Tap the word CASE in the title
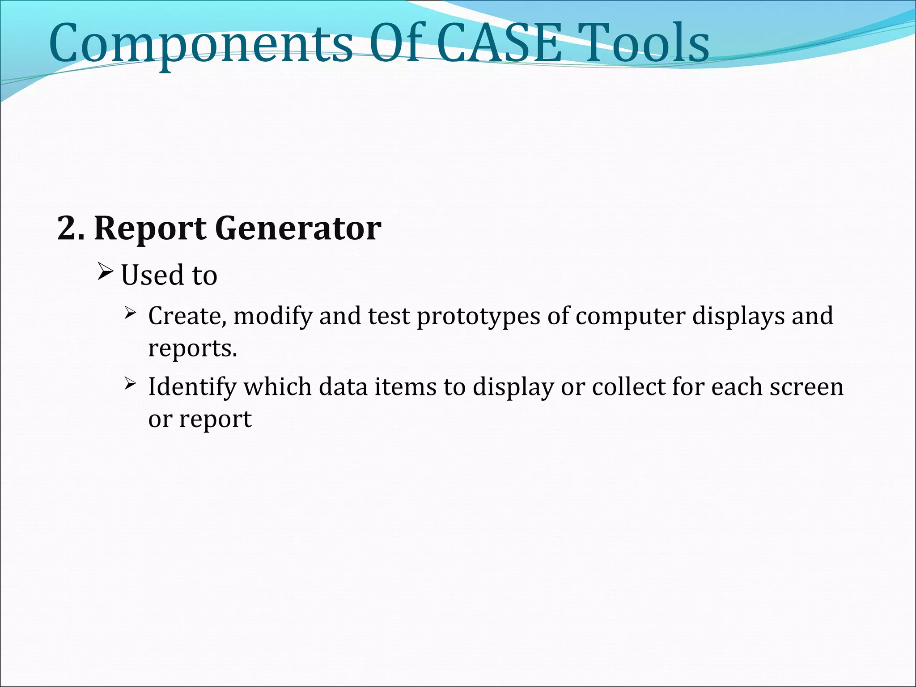point(499,44)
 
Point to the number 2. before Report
point(70,229)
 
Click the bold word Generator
point(298,229)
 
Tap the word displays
point(738,317)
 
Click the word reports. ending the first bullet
point(192,349)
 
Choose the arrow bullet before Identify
point(130,383)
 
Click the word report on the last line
point(215,420)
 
